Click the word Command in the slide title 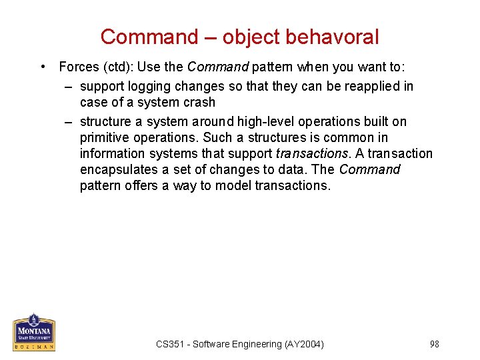149,37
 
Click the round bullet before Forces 43,67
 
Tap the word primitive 107,137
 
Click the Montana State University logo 33,331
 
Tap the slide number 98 434,344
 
